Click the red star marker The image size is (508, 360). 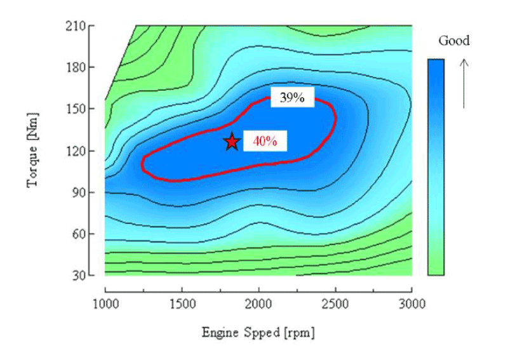click(x=232, y=142)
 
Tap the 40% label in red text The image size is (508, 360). click(x=265, y=142)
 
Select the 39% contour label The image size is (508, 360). click(x=292, y=98)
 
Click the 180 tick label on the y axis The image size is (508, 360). click(x=79, y=67)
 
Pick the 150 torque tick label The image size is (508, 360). click(x=79, y=109)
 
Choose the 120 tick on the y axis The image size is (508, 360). click(x=79, y=150)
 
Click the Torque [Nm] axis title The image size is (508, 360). click(x=34, y=151)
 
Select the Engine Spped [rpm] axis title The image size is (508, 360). click(x=258, y=332)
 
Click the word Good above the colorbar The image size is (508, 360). click(x=454, y=41)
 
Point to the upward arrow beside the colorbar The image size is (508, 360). click(x=464, y=83)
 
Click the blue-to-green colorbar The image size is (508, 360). click(x=436, y=167)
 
